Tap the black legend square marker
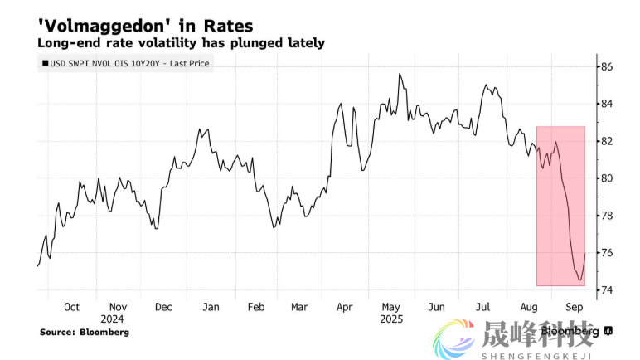(x=44, y=63)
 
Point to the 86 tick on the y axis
(x=608, y=66)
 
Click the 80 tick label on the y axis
(x=608, y=178)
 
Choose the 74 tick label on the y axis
(x=608, y=289)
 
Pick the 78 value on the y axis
(x=608, y=216)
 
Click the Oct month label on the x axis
(x=71, y=306)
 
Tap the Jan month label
(x=211, y=306)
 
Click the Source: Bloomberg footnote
(x=85, y=332)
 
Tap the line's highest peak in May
(x=400, y=74)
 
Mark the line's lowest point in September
(x=579, y=280)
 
